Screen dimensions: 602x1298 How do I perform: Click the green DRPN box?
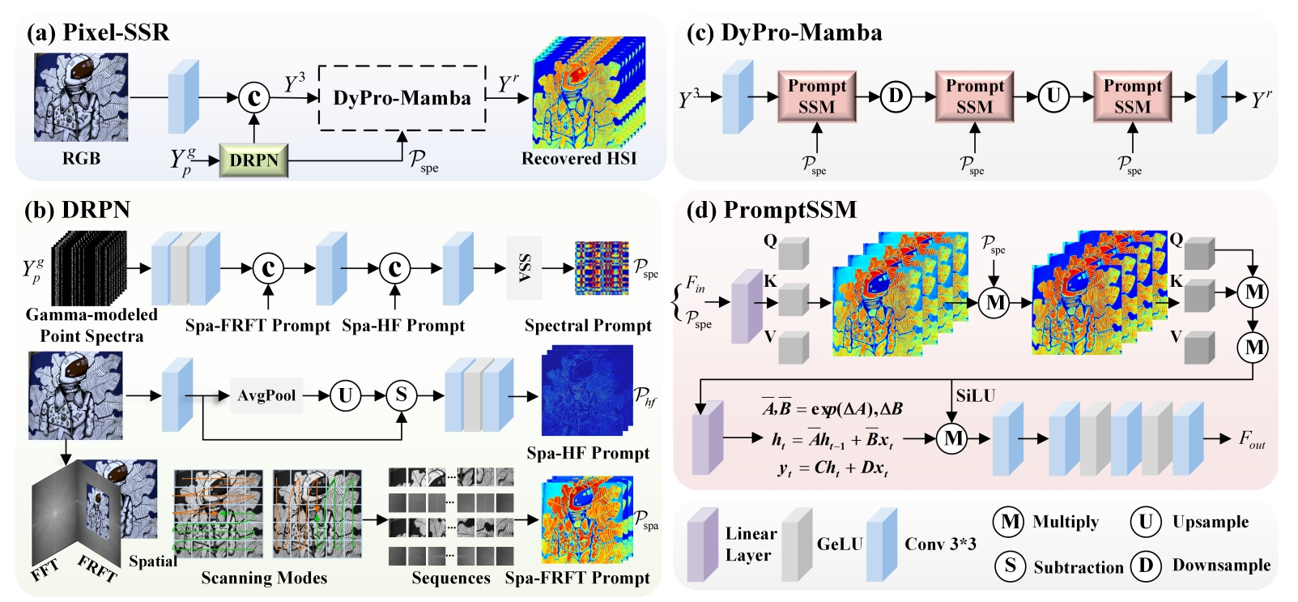tap(253, 160)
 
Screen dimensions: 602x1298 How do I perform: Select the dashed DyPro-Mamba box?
tap(402, 97)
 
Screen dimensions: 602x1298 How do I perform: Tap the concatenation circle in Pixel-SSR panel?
tap(253, 98)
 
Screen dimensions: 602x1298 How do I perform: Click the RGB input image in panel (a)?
tap(81, 97)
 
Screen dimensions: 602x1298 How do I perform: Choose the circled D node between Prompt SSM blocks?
tap(896, 96)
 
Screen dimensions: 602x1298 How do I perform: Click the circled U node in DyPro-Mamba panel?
tap(1053, 96)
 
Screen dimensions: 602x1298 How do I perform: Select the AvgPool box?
tap(266, 395)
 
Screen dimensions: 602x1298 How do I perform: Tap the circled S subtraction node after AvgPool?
tap(401, 395)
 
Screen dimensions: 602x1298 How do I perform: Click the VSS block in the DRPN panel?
tap(524, 268)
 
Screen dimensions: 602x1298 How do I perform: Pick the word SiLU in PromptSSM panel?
tap(975, 396)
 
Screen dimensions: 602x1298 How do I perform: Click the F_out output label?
tap(1251, 439)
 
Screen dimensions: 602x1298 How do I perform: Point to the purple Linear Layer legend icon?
tap(702, 544)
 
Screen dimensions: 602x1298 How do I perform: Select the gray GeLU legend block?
tap(797, 544)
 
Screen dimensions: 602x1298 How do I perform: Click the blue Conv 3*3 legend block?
tap(882, 544)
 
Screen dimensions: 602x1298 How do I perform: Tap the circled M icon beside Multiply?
tap(1010, 522)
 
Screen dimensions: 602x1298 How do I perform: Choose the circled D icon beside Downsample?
tap(1146, 566)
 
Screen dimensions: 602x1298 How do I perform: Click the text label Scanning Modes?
tap(264, 578)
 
